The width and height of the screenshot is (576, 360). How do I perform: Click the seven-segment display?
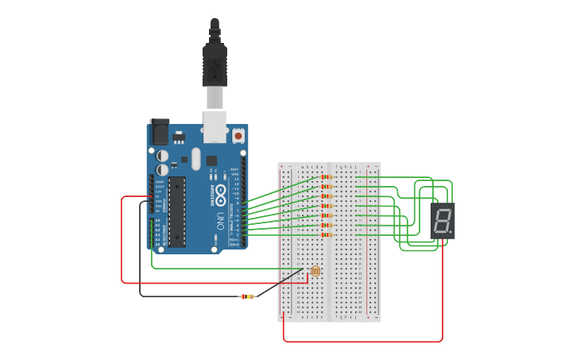[x=443, y=220]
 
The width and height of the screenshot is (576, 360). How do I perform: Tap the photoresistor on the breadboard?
[x=315, y=271]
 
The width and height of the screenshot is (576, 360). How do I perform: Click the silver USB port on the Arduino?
[x=215, y=127]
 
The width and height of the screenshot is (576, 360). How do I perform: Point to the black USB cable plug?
[x=215, y=64]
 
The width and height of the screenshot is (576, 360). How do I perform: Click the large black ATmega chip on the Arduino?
[x=176, y=211]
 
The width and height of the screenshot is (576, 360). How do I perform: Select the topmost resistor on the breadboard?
[x=326, y=176]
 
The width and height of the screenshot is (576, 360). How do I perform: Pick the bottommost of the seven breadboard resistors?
[x=326, y=234]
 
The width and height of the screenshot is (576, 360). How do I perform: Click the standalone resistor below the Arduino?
[x=247, y=296]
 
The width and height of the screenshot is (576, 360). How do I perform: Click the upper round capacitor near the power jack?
[x=162, y=156]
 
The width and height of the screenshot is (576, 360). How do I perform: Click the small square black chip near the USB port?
[x=211, y=161]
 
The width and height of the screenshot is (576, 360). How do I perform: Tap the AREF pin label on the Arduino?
[x=234, y=169]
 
